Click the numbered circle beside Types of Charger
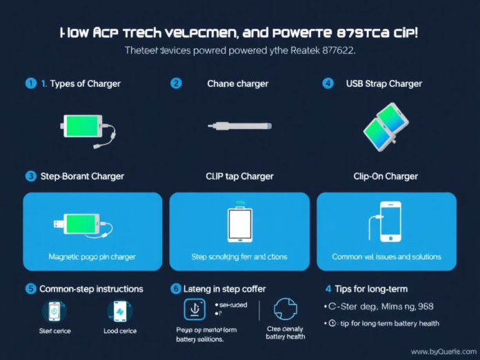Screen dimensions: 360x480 [30, 83]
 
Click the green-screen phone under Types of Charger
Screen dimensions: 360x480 [83, 128]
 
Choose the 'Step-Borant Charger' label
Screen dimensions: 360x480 [81, 176]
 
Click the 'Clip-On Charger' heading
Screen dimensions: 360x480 [386, 176]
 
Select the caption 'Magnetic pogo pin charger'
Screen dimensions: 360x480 [92, 257]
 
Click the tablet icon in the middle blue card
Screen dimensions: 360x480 [239, 223]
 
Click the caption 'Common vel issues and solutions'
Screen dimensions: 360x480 [386, 257]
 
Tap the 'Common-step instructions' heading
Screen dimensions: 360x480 [91, 288]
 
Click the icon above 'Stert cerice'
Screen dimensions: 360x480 [54, 311]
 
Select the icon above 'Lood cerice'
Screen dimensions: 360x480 [120, 311]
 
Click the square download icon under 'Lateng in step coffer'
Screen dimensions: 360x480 [194, 309]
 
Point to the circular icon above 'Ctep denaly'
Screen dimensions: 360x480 [285, 309]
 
